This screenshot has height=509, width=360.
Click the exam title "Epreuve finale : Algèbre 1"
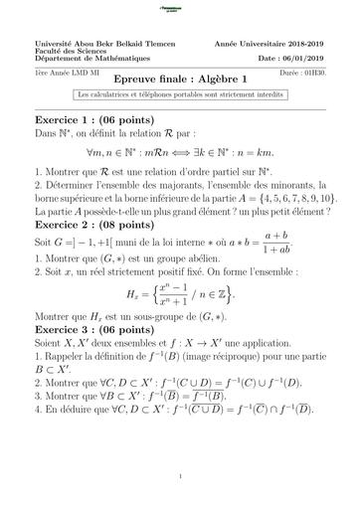[x=179, y=78]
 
